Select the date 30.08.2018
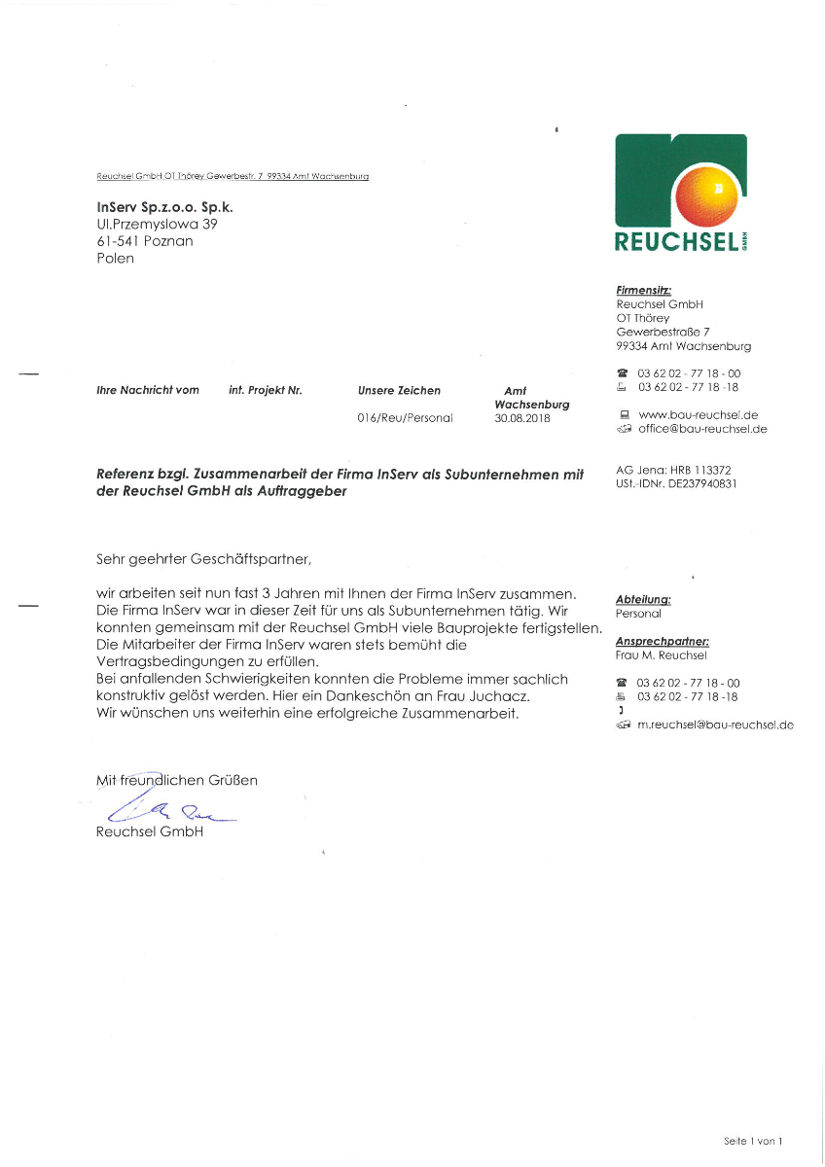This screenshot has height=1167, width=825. click(x=522, y=417)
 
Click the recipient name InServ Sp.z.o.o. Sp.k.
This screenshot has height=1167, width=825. click(x=164, y=207)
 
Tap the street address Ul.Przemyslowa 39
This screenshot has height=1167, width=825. click(x=157, y=224)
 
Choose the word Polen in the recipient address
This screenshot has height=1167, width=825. click(x=115, y=259)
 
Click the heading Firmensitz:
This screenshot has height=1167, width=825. click(x=643, y=290)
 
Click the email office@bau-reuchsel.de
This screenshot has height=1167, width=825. click(x=702, y=429)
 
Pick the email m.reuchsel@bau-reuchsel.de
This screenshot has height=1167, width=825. click(x=715, y=725)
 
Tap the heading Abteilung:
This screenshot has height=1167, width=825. click(x=643, y=599)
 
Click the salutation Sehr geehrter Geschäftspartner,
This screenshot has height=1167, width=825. click(x=202, y=559)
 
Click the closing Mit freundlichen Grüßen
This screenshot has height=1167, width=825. click(x=176, y=780)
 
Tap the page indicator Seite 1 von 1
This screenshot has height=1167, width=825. click(x=753, y=1141)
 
